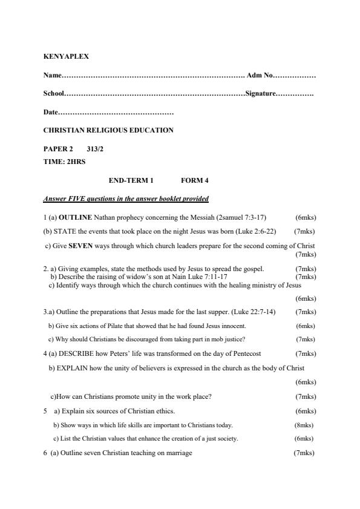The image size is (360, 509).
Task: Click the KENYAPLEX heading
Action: pos(66,56)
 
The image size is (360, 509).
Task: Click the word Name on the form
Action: pos(52,76)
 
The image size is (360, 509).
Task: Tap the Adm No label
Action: pos(260,76)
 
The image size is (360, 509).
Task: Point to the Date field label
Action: pos(51,113)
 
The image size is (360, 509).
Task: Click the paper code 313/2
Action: pos(87,149)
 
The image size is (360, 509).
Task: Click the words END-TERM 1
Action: pos(131,180)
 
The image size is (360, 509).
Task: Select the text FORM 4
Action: pos(194,180)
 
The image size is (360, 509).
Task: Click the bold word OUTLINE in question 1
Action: pos(76,217)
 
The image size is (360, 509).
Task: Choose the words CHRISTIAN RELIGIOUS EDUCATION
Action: pos(108,130)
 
